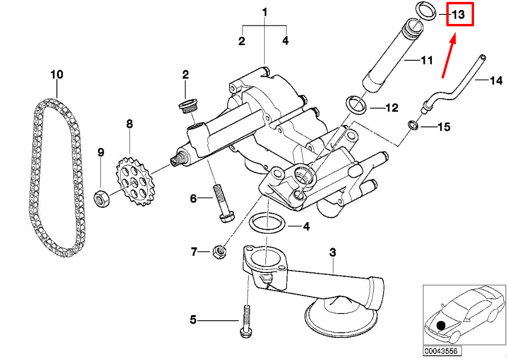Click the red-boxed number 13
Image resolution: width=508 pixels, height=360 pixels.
pyautogui.click(x=459, y=14)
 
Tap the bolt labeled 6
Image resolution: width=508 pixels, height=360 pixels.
pyautogui.click(x=222, y=203)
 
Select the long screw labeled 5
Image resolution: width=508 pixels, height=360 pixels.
pyautogui.click(x=247, y=321)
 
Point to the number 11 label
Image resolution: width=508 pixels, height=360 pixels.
pyautogui.click(x=426, y=60)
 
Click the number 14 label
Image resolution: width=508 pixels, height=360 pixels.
pyautogui.click(x=496, y=81)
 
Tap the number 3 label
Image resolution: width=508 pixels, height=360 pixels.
pyautogui.click(x=333, y=251)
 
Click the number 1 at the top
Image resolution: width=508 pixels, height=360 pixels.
pyautogui.click(x=265, y=11)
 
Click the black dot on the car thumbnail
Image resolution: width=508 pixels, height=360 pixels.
pyautogui.click(x=441, y=326)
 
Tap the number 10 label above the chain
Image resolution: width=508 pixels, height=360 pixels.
pyautogui.click(x=56, y=75)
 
